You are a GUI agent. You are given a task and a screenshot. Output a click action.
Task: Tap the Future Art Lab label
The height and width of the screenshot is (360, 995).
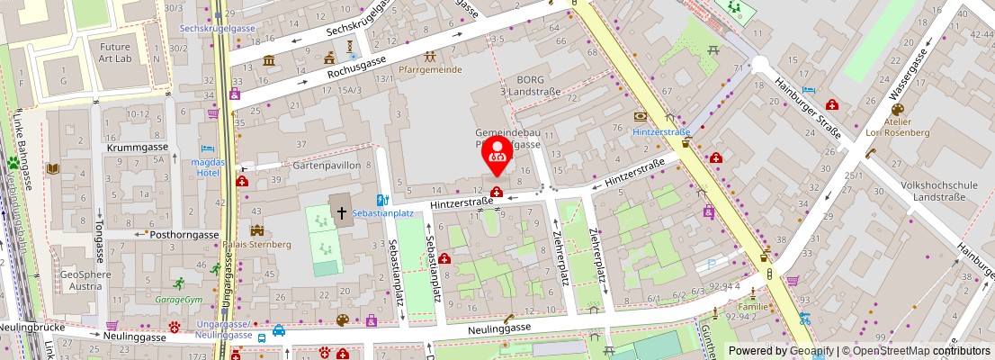(x=115, y=52)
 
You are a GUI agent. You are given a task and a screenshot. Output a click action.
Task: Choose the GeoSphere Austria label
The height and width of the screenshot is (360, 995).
(x=86, y=280)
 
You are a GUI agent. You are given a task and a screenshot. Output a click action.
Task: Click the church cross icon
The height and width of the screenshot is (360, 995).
(x=341, y=213)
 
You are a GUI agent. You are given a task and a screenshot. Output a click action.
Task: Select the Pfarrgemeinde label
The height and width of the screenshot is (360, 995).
(x=431, y=69)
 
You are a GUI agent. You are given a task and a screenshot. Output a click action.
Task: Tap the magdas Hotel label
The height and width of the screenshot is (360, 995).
(x=206, y=166)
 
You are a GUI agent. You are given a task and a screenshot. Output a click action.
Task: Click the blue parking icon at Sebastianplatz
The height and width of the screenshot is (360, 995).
(x=381, y=201)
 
